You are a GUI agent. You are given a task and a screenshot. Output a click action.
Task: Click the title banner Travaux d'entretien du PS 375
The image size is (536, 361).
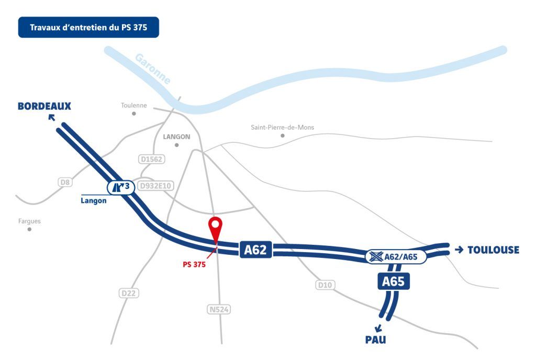click(x=88, y=27)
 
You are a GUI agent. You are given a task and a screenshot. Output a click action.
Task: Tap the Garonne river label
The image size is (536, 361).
click(x=153, y=69)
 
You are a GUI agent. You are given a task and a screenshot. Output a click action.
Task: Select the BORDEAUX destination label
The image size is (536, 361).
click(x=44, y=106)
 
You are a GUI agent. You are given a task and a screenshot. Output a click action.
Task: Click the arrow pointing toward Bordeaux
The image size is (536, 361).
click(x=52, y=118)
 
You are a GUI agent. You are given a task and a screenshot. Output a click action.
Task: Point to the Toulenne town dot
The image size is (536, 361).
click(x=133, y=114)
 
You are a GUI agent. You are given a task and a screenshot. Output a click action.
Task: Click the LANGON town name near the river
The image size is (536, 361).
click(x=176, y=137)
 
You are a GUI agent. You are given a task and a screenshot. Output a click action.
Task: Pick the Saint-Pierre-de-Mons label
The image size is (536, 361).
click(x=282, y=127)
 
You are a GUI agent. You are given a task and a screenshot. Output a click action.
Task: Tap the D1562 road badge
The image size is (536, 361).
click(x=152, y=159)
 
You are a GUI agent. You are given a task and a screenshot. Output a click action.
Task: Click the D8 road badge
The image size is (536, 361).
click(x=65, y=182)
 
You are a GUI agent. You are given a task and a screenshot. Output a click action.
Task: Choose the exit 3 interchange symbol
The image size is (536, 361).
click(x=121, y=187)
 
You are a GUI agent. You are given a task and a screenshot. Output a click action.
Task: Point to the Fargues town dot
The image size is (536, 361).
click(x=29, y=229)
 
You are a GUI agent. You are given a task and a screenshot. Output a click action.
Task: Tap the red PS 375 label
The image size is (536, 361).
click(x=194, y=264)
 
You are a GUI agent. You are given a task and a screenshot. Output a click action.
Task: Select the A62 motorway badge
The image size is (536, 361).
click(x=255, y=250)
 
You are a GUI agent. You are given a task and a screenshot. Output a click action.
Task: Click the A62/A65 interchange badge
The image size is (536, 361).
click(x=396, y=257)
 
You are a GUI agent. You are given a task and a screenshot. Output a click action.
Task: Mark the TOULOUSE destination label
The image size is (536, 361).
click(x=493, y=250)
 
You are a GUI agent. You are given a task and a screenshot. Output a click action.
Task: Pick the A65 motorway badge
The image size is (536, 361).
click(x=393, y=281)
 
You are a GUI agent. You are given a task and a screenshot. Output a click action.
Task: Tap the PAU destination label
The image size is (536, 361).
click(x=375, y=340)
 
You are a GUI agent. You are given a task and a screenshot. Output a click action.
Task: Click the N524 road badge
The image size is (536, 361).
click(x=219, y=310)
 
